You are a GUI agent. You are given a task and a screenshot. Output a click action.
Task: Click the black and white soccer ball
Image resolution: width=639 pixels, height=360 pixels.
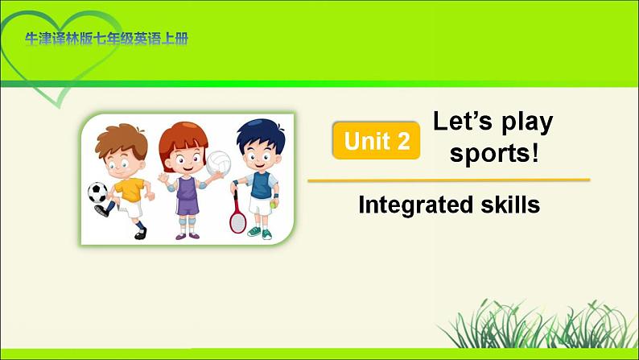tap(97, 192)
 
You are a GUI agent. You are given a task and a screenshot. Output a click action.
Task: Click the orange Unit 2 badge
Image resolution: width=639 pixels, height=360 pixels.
tap(376, 141)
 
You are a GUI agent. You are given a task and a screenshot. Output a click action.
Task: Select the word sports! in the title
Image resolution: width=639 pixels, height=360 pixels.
tap(493, 153)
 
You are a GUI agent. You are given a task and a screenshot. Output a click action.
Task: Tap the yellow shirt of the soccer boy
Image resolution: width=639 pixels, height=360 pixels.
tap(129, 190)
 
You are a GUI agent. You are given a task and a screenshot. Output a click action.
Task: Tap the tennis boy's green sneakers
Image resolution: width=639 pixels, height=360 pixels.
tap(259, 233)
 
